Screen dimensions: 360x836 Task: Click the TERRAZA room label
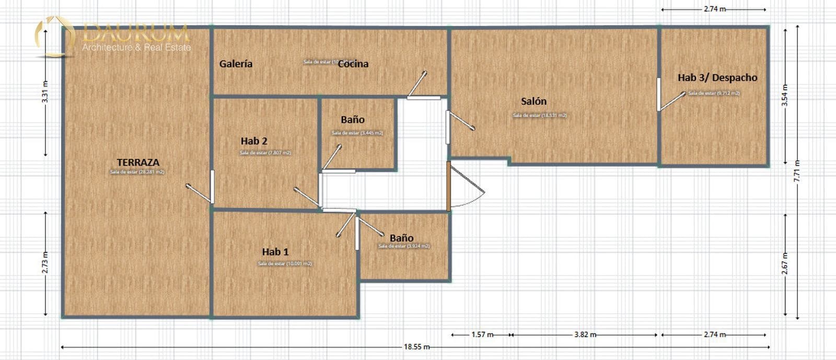(x=138, y=162)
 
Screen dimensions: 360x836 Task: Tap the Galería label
(x=236, y=64)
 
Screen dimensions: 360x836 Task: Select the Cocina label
(x=354, y=64)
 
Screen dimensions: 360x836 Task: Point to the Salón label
(x=533, y=101)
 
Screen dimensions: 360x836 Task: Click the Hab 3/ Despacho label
(x=717, y=77)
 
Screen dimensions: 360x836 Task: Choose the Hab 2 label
(x=254, y=141)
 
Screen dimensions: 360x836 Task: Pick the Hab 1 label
(x=275, y=252)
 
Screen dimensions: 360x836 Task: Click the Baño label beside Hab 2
(x=353, y=120)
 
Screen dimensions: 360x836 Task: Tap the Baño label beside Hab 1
(x=401, y=238)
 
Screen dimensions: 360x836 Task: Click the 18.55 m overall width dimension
(x=416, y=346)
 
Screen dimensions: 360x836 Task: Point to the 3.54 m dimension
(x=785, y=95)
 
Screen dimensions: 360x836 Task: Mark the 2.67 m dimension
(x=785, y=264)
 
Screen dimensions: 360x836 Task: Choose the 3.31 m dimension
(x=45, y=92)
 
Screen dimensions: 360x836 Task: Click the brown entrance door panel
(x=448, y=186)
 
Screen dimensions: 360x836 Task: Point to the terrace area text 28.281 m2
(x=137, y=172)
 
